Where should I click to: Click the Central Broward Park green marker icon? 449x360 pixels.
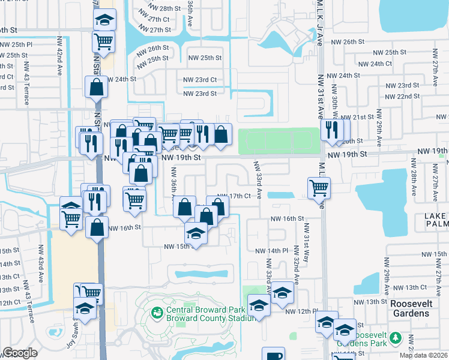157,313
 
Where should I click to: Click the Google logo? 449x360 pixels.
20,353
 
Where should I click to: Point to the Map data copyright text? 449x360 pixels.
424,355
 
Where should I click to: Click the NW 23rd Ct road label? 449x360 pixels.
200,80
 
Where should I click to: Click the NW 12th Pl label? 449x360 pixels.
300,311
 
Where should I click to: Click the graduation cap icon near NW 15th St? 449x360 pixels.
196,232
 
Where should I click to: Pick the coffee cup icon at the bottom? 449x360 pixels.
275,353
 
